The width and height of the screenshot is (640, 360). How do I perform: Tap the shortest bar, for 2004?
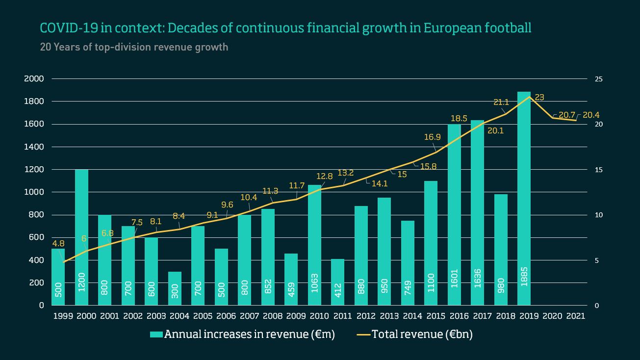point(175,288)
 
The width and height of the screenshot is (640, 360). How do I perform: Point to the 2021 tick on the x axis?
point(575,316)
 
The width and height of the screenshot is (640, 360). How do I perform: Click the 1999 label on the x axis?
point(63,316)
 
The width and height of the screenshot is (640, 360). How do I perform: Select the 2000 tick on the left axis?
point(34,79)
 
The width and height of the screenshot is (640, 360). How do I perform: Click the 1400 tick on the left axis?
point(34,147)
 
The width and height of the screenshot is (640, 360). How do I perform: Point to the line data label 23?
point(539,97)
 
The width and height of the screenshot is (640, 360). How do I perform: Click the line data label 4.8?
point(58,243)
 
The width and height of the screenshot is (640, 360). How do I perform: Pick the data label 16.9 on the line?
point(433,137)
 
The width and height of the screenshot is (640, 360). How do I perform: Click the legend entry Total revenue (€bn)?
point(422,334)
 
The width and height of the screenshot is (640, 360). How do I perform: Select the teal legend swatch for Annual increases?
point(156,334)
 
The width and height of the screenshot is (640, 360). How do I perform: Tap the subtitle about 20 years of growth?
point(133,48)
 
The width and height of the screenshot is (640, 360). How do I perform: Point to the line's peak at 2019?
point(529,97)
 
